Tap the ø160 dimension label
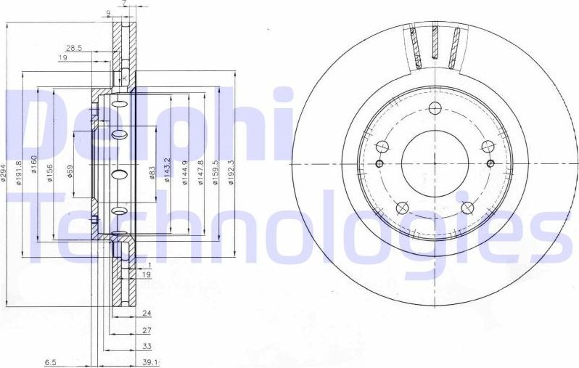[x=34, y=173]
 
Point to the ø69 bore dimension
[x=70, y=173]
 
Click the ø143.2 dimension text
[x=168, y=173]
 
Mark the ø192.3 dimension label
[x=231, y=173]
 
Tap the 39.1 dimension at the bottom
[x=150, y=361]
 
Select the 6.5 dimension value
[x=51, y=361]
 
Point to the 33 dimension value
[x=146, y=345]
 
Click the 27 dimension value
[x=146, y=330]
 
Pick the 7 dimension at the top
[x=124, y=4]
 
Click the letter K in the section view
[x=124, y=78]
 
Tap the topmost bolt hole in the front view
[x=435, y=109]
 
